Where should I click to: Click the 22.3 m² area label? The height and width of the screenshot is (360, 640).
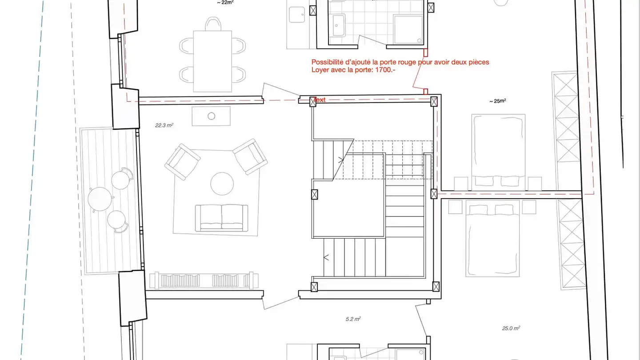164,125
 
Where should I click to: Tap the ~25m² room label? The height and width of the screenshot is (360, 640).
497,101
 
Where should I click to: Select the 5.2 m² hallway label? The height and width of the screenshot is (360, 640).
353,319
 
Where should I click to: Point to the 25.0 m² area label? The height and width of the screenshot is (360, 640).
511,328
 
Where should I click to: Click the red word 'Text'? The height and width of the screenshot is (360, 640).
320,100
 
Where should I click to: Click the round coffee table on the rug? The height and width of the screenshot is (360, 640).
222,184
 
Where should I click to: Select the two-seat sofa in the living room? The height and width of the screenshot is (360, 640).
221,218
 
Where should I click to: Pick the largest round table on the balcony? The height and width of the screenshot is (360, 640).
100,199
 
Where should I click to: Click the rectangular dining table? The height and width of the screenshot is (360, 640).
212,61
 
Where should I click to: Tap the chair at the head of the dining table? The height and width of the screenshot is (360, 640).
213,24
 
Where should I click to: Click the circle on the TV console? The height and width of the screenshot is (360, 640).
212,116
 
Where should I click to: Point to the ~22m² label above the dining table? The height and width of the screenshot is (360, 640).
225,3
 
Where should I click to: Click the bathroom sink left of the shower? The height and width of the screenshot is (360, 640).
339,25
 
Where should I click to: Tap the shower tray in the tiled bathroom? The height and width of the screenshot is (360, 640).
408,29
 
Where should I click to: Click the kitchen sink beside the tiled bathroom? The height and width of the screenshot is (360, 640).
297,15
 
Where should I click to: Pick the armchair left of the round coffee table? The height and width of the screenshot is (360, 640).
182,162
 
